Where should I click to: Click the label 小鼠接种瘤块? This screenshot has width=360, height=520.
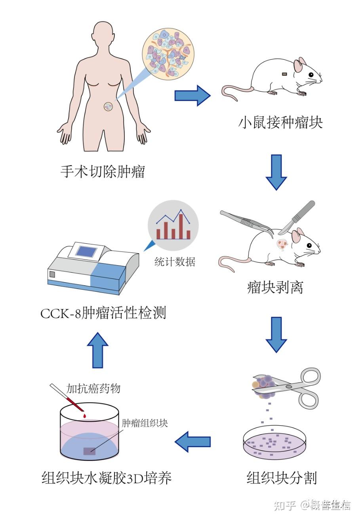[x=280, y=122]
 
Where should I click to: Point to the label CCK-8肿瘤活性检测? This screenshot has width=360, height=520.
[x=103, y=314]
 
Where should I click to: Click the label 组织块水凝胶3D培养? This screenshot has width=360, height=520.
[x=107, y=478]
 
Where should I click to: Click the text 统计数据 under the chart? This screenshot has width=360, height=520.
[x=175, y=262]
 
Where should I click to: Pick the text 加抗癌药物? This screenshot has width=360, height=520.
[x=93, y=388]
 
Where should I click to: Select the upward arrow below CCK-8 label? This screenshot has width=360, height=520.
[x=97, y=350]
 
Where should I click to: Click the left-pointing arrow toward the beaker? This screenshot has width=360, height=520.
[x=193, y=442]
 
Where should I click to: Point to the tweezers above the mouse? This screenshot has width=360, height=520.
[x=246, y=222]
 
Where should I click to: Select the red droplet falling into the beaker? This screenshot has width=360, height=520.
[x=85, y=416]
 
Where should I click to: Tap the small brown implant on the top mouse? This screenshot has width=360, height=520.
[x=284, y=74]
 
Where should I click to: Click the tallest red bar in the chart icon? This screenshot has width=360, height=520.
[x=181, y=227]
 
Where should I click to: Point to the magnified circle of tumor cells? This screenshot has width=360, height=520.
[x=167, y=53]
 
